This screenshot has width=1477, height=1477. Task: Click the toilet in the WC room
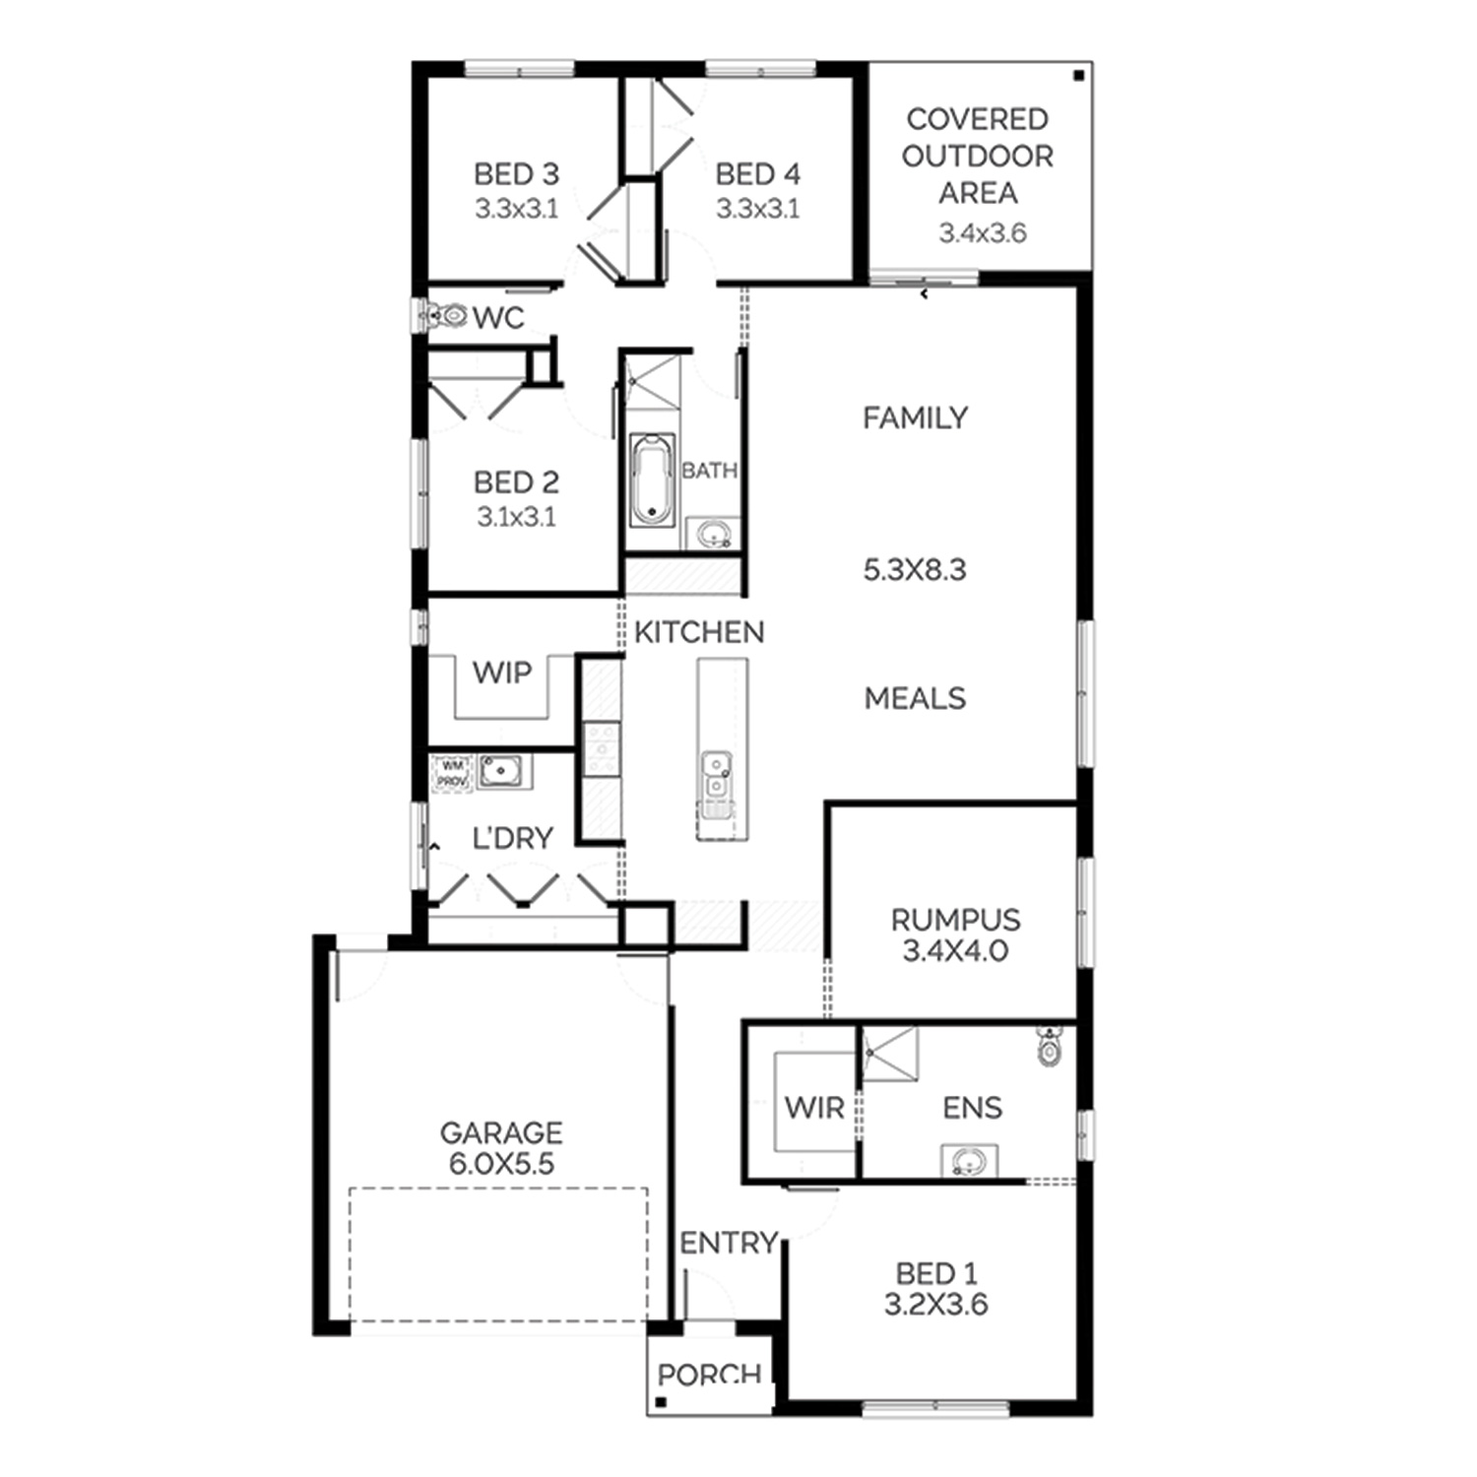tap(444, 316)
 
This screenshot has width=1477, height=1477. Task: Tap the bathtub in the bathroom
tap(652, 481)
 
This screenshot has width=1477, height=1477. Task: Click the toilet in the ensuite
tap(1051, 1046)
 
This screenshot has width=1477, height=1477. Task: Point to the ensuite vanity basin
tap(968, 1162)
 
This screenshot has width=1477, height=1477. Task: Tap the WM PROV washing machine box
tap(452, 772)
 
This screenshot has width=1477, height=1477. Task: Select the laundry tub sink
tap(503, 770)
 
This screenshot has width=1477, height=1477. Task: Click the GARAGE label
tap(501, 1132)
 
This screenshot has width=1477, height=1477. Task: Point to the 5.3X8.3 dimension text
tap(915, 569)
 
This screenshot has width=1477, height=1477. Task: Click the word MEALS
tap(915, 698)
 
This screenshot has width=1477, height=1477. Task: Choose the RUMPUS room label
tap(955, 920)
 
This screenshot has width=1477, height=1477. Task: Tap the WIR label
tap(814, 1108)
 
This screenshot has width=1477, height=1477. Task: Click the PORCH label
tap(709, 1375)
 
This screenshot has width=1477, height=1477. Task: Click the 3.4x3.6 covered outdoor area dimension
tap(983, 232)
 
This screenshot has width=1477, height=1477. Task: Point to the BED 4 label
tap(758, 174)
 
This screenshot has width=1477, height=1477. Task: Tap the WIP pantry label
tap(502, 673)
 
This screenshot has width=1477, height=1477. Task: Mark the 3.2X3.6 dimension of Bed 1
tap(935, 1305)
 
